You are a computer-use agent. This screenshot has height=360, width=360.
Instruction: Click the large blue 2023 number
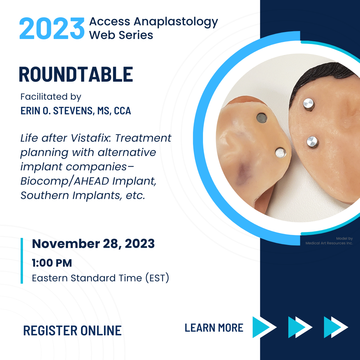coord(52,28)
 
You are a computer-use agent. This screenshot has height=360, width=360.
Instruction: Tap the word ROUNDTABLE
coord(76,74)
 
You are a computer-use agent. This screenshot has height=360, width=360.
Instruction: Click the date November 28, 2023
coord(93,244)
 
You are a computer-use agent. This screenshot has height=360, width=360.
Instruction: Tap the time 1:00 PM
coord(52,263)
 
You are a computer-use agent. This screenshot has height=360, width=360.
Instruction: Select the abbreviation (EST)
coord(157,278)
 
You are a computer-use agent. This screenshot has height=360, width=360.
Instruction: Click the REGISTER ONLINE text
coord(72,331)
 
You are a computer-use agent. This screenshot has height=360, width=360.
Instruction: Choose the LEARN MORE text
coord(214,328)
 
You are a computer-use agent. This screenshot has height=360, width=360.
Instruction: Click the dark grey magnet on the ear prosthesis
coord(262,118)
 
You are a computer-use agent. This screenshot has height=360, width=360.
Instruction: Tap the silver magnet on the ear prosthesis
coord(281,153)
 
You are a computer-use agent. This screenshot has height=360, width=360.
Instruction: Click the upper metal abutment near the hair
coord(309,104)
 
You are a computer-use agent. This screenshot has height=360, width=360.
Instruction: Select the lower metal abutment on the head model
coord(312,142)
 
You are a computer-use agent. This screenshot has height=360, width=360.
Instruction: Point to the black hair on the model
coord(321,76)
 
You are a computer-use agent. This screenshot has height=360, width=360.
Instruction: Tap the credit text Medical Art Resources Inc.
coord(329,243)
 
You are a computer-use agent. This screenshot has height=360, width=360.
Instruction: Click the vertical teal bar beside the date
coord(22,261)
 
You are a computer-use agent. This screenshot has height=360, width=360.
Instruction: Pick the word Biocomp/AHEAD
coord(65,181)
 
